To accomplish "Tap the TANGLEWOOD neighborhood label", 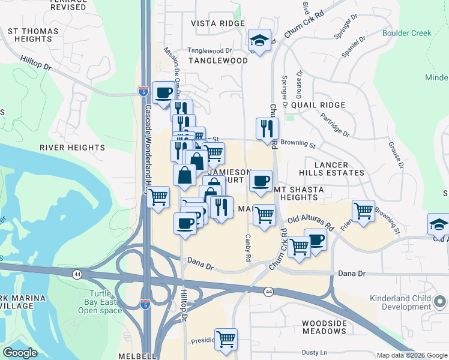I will click(x=218, y=61).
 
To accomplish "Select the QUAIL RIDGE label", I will click(x=318, y=105).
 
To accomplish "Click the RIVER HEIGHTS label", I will click(x=72, y=147).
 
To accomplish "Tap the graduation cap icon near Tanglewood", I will click(x=259, y=41).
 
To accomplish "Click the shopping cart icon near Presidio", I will click(x=226, y=340).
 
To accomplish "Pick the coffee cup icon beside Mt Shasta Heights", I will click(x=261, y=181).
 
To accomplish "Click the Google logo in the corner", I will click(x=20, y=353).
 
